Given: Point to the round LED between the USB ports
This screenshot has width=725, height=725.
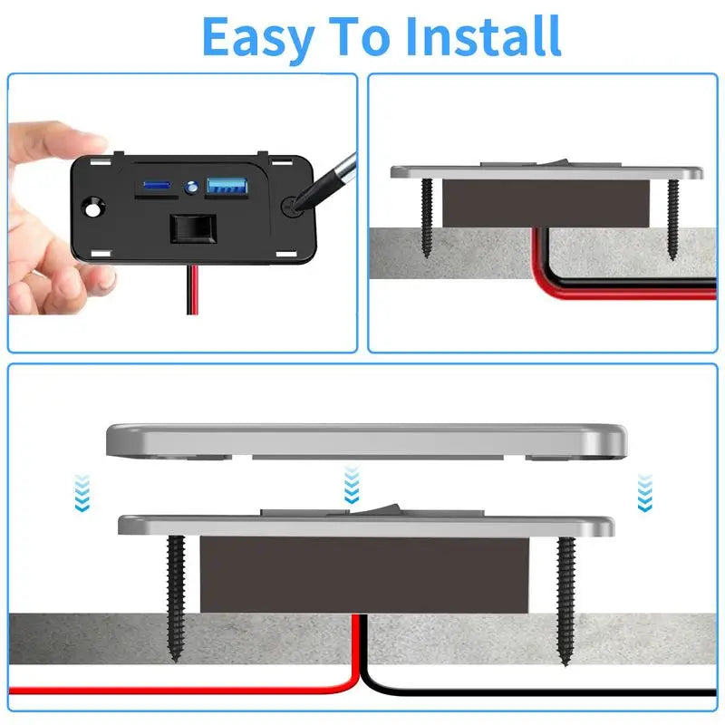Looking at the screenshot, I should coord(191,188).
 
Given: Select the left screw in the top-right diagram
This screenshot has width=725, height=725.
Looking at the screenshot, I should coord(426,217).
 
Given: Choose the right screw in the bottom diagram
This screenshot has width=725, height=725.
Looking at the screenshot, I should coord(565,598).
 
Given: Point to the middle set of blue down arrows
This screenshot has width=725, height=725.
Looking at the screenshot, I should coord(352,490).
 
